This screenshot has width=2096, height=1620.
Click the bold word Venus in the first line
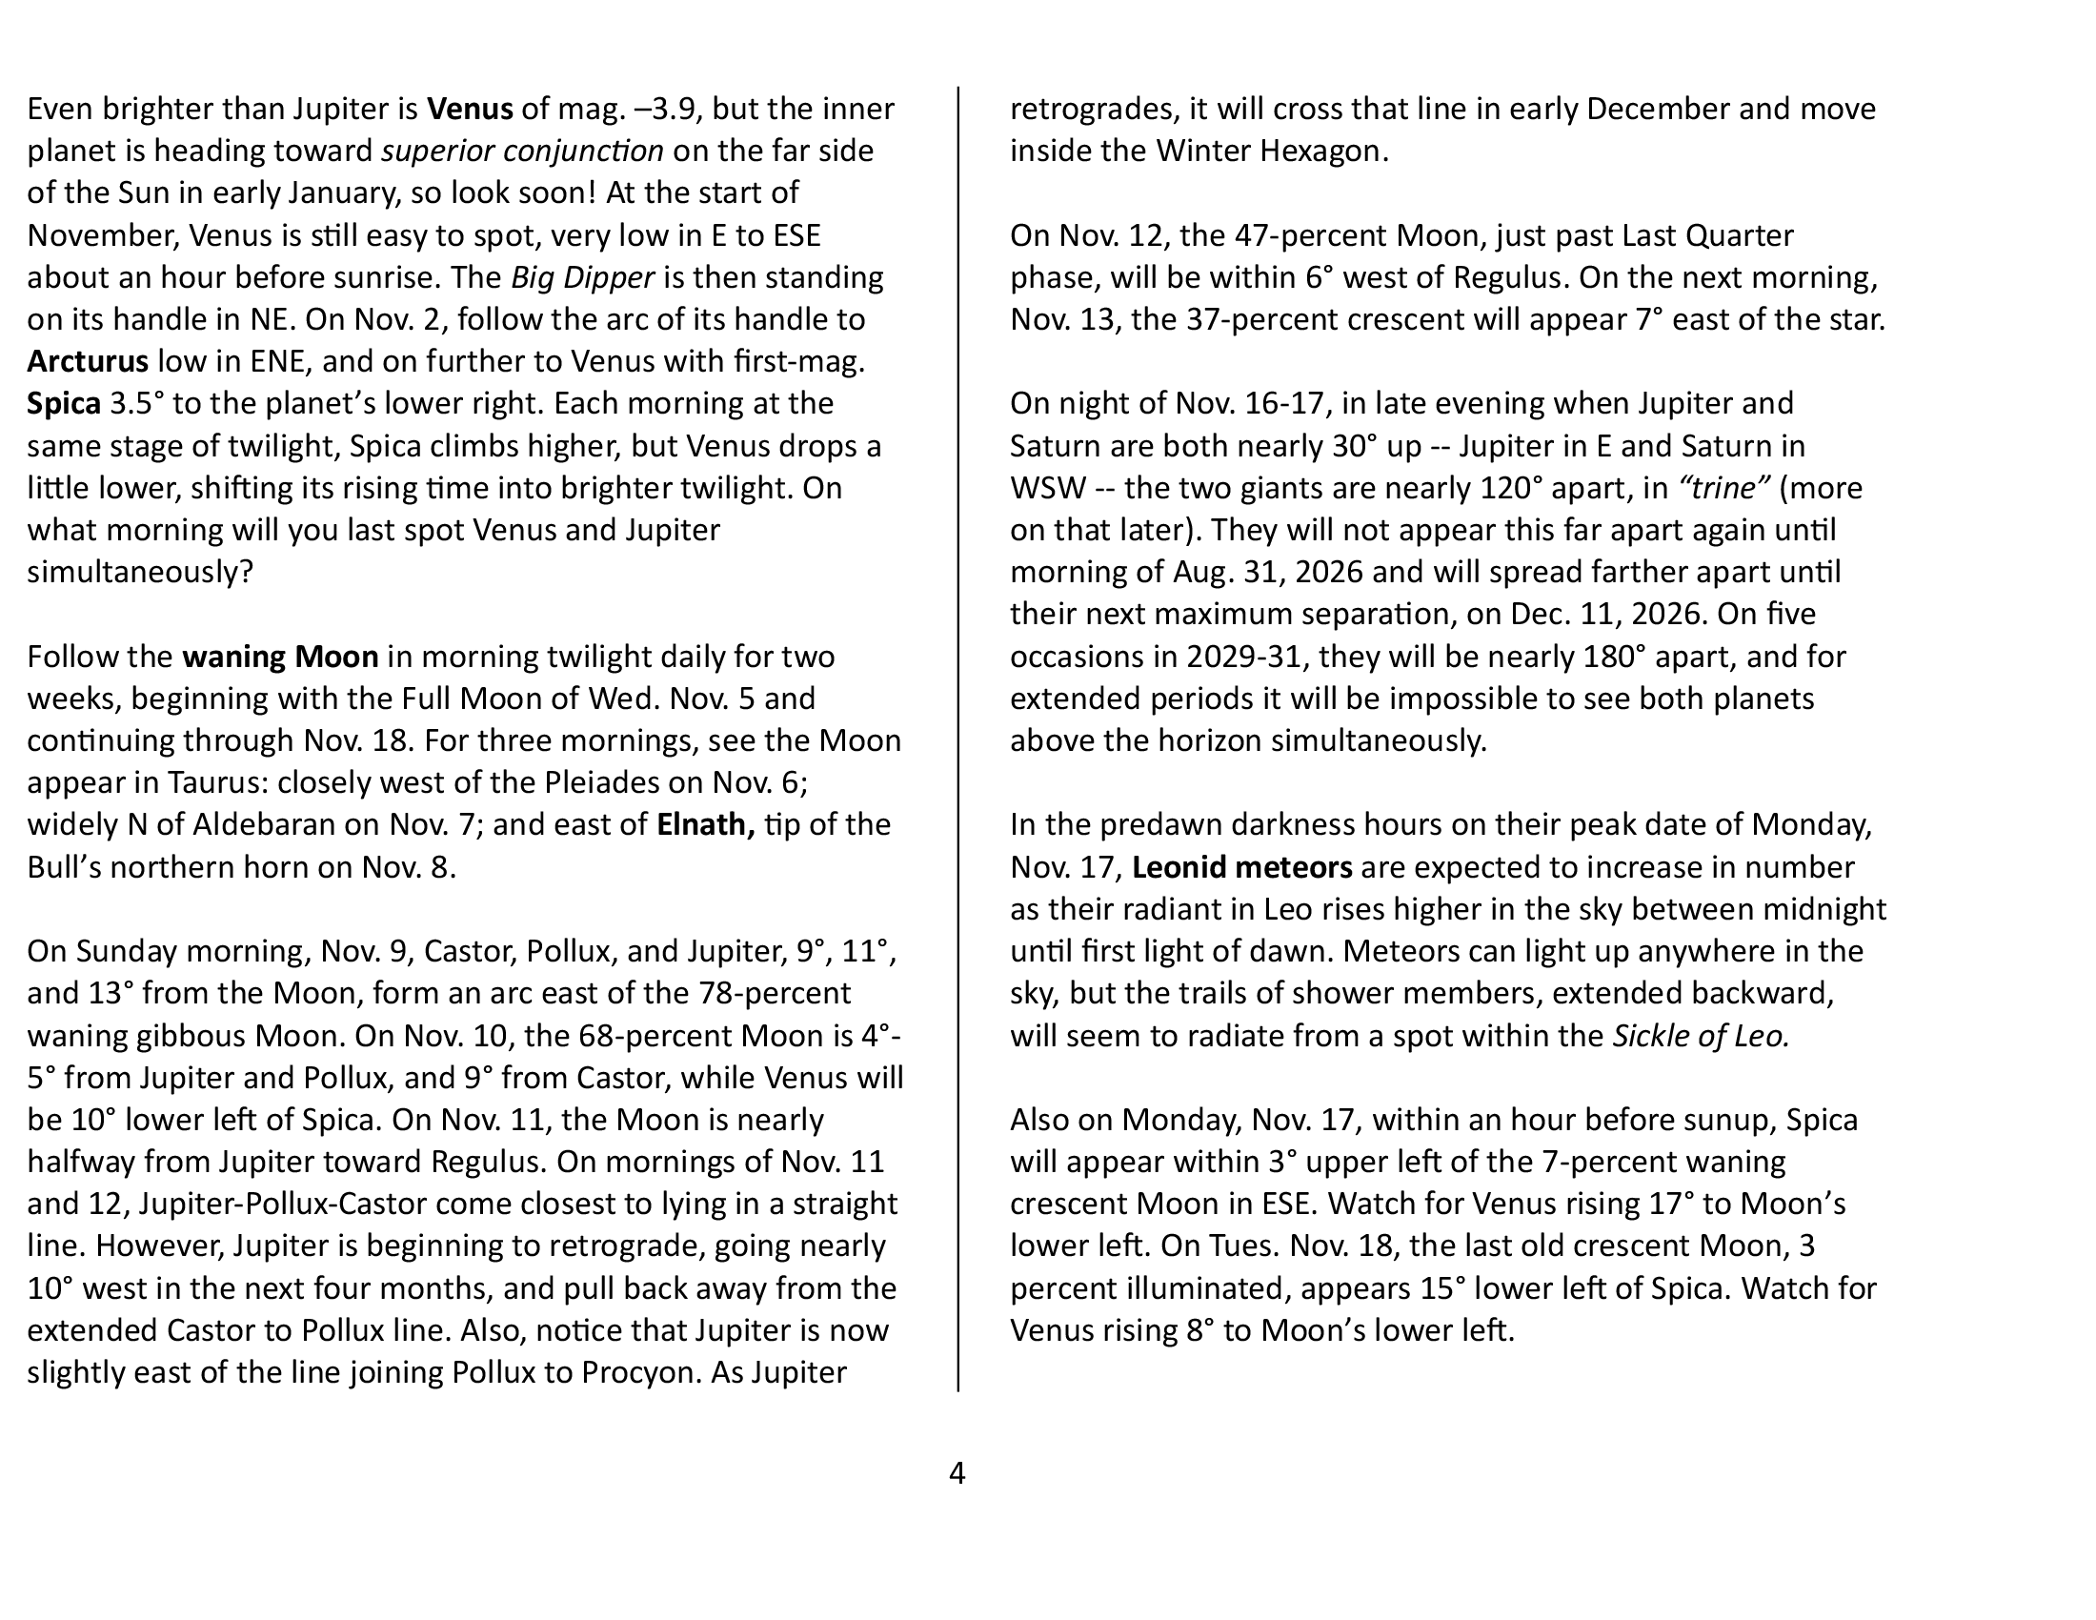pos(470,110)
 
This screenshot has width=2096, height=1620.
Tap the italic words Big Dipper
pos(582,278)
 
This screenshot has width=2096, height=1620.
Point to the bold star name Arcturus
pos(88,362)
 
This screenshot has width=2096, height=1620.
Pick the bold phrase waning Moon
pos(280,658)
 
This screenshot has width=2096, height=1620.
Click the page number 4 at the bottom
pos(957,1473)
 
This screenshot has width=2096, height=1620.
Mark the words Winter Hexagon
pos(1271,152)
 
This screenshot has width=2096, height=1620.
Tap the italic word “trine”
pos(1723,489)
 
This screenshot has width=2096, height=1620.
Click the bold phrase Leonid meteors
pos(1241,867)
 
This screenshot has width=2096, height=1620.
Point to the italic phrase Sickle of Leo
pos(1701,1037)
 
